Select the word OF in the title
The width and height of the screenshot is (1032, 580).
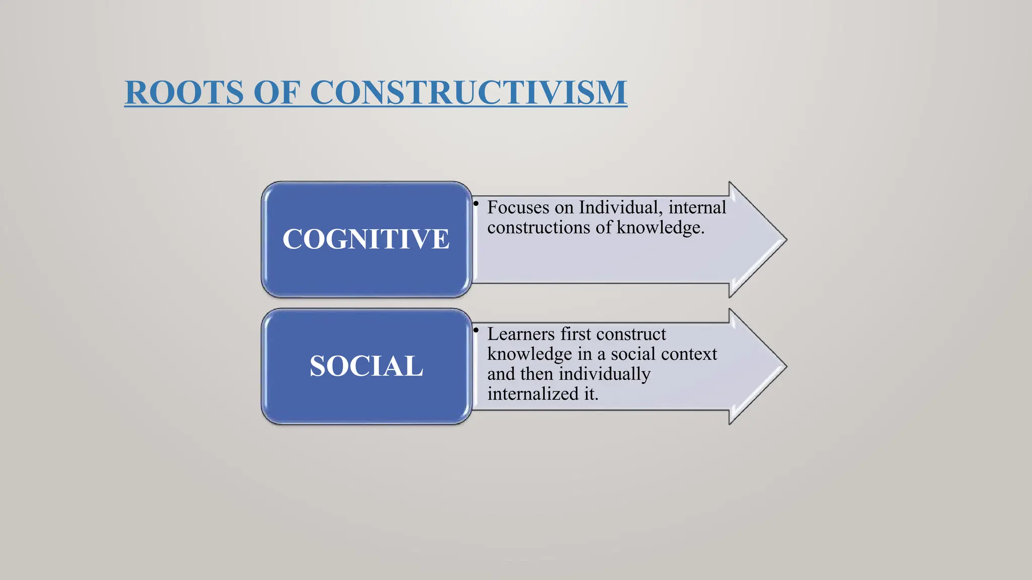pos(276,93)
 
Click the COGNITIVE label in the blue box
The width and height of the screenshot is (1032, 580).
pos(366,239)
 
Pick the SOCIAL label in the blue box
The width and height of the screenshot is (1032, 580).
pos(366,366)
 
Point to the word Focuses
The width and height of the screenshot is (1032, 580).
pos(518,207)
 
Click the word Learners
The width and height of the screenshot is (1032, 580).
pos(521,334)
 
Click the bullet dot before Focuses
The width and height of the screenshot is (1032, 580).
pos(476,203)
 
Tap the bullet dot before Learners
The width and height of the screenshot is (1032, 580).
pos(476,330)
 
